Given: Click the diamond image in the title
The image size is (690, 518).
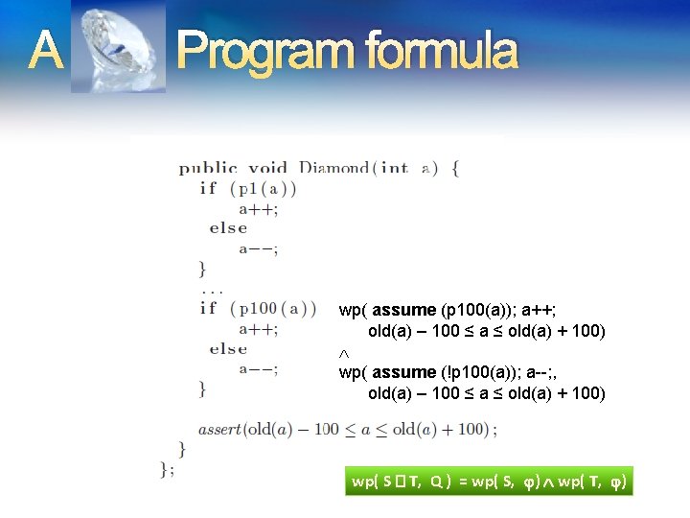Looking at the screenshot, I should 118,48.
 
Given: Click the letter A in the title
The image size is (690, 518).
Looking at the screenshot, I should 45,50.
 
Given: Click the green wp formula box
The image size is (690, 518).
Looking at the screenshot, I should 489,482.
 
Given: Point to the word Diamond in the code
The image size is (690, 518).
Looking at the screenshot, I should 333,168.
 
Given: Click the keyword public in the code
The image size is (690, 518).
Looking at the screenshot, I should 208,168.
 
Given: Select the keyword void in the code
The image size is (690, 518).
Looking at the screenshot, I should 267,168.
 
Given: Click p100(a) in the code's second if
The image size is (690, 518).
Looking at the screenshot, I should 273,309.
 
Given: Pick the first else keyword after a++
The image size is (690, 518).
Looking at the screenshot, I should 228,228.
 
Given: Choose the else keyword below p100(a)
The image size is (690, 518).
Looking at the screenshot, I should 228,349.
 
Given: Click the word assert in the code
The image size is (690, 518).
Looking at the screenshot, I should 219,430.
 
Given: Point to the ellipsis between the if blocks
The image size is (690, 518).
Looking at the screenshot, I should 210,288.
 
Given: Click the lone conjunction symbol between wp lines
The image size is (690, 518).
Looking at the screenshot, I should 344,352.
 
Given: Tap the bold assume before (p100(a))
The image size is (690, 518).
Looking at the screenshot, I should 403,310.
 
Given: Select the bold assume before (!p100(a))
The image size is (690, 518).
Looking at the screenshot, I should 403,372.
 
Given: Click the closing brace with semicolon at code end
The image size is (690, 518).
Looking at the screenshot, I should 167,468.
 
